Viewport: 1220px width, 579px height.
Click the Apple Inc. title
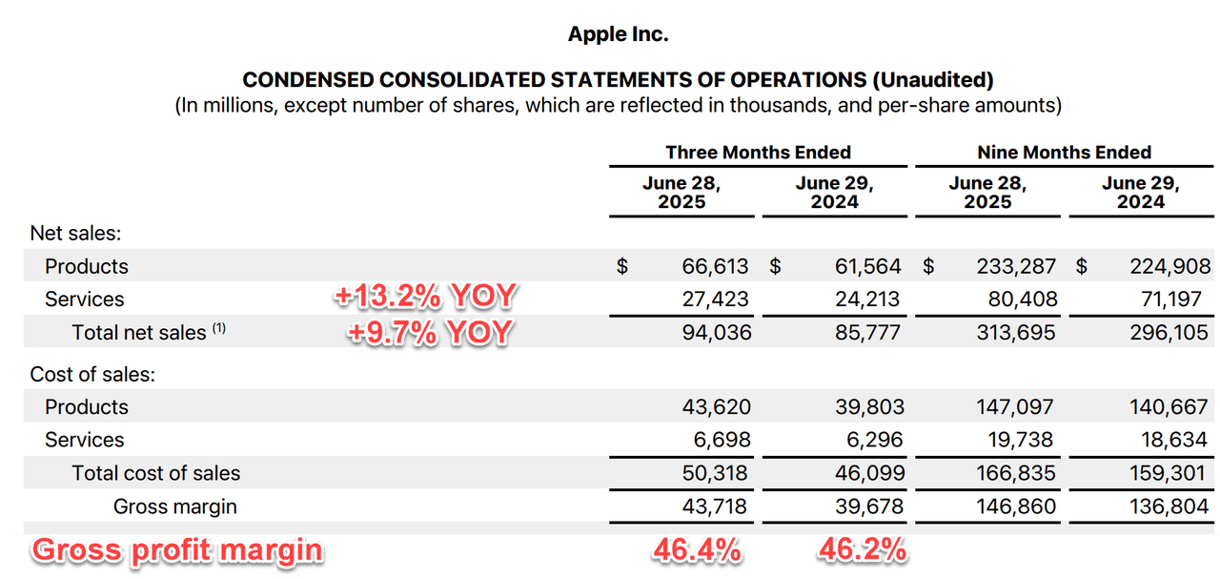point(618,34)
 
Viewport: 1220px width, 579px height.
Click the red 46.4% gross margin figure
point(697,551)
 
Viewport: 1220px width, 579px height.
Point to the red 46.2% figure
point(861,551)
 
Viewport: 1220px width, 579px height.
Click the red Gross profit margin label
point(176,551)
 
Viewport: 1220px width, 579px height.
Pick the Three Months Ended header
point(758,153)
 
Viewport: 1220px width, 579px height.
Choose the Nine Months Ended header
point(1064,153)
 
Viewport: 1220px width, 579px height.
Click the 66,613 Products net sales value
point(716,267)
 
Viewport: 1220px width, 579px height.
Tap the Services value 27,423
point(716,300)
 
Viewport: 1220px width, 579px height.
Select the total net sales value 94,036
point(716,333)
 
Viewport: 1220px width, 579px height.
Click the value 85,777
point(866,333)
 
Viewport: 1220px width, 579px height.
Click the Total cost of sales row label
point(156,473)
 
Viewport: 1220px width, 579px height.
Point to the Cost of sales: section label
point(92,374)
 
